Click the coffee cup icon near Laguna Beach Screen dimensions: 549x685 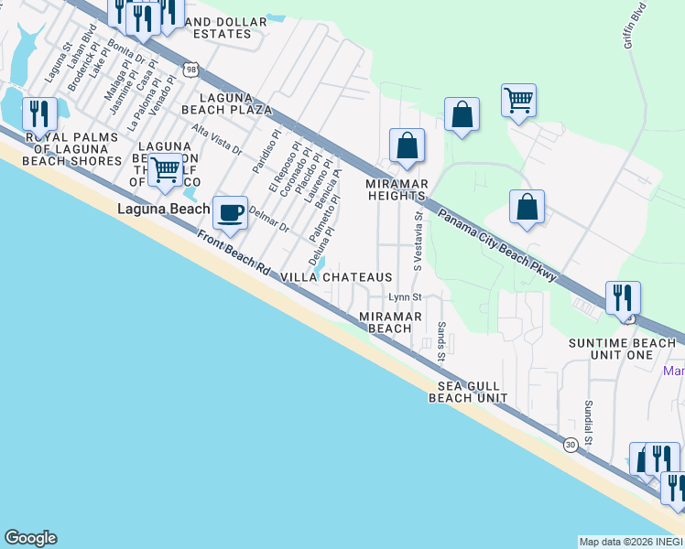[x=231, y=212]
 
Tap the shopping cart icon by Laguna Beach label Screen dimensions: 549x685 [x=166, y=169]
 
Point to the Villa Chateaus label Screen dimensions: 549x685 [x=336, y=277]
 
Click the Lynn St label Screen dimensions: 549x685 [x=404, y=297]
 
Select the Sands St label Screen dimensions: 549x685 [x=440, y=341]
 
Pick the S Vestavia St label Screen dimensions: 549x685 [x=418, y=242]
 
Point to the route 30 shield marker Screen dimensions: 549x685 [x=571, y=444]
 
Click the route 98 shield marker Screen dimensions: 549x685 [x=190, y=69]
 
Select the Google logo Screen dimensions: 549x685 [x=30, y=538]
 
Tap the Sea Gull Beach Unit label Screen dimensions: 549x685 [x=468, y=393]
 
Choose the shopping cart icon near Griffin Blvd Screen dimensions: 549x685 [x=519, y=99]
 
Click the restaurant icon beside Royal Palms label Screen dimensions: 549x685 [x=39, y=113]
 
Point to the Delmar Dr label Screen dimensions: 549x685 [x=268, y=221]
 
